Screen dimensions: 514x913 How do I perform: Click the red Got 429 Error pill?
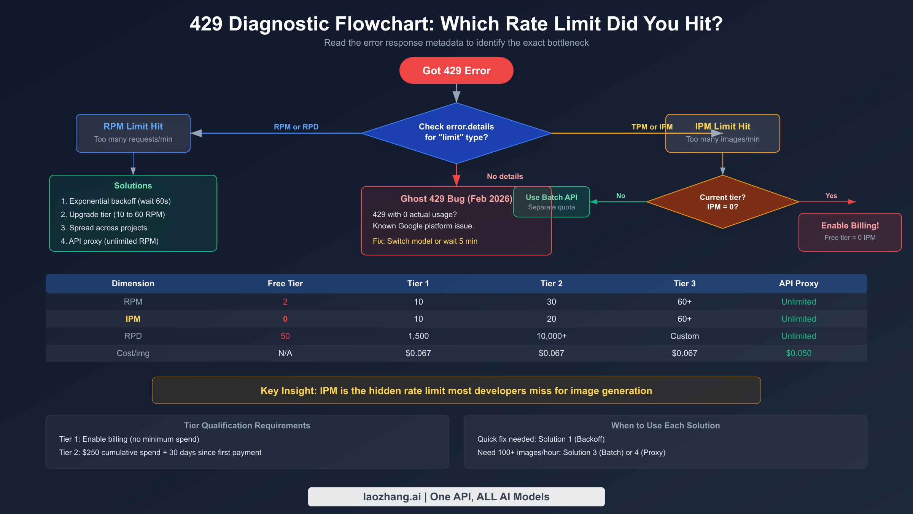coord(456,70)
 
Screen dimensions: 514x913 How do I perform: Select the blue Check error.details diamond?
coord(456,132)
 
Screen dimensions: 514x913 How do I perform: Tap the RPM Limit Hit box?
coord(133,133)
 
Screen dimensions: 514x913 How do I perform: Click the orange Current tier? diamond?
coord(722,202)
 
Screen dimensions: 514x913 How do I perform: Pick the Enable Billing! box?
coord(850,231)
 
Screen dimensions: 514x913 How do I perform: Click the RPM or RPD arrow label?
coord(296,127)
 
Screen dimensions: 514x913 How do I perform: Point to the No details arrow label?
coord(505,176)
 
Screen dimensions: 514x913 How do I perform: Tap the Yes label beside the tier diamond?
coord(831,196)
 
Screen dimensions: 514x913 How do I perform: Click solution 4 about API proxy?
coord(110,241)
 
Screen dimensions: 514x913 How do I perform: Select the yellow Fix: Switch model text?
coord(425,241)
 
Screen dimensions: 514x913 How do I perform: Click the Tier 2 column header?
coord(551,283)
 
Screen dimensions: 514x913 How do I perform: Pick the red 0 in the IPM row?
coord(285,319)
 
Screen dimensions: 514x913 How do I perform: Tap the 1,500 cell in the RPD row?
coord(418,336)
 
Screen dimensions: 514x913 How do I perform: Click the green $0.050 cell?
coord(798,353)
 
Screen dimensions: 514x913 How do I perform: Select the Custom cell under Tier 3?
coord(684,336)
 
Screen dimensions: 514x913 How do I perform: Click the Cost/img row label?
coord(133,353)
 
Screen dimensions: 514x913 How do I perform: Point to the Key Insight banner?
coord(456,390)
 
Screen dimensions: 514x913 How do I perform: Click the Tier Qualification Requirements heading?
coord(247,425)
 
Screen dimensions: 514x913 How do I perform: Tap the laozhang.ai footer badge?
coord(456,496)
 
